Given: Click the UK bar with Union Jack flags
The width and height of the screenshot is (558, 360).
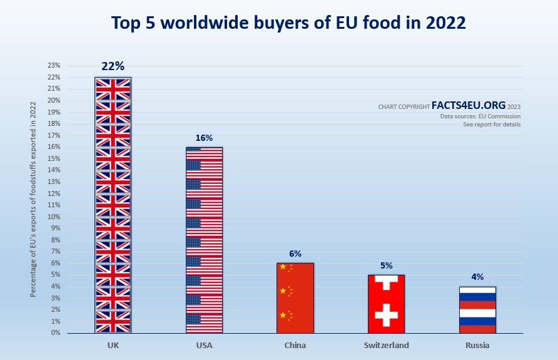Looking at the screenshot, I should (x=113, y=205).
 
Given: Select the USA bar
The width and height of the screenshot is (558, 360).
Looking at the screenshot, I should (x=204, y=240).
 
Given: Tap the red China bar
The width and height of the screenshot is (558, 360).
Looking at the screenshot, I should (x=295, y=298).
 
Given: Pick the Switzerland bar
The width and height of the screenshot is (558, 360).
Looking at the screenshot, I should (x=386, y=304).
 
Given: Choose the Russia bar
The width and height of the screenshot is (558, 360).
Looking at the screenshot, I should (x=477, y=310).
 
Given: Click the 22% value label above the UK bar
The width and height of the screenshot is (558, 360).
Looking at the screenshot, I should (x=113, y=66).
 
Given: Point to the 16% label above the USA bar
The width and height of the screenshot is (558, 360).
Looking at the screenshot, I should (x=204, y=138).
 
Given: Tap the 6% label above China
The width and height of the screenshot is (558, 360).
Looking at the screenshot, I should (x=295, y=254).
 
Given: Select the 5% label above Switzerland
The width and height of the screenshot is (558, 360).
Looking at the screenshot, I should (x=386, y=265).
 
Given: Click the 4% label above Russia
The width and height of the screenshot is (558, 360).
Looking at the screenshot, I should (x=477, y=277).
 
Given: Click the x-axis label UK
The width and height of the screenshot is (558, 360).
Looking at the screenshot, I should (x=113, y=345).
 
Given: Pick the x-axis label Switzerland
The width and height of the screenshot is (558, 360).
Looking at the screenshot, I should (x=386, y=345).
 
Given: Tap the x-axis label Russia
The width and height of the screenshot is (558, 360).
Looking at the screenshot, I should (x=477, y=345).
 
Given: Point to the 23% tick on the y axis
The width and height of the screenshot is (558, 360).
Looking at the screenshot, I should (x=54, y=65).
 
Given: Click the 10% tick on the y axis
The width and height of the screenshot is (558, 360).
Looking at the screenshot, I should (x=54, y=217).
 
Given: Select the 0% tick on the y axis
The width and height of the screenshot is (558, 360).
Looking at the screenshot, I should (x=55, y=333).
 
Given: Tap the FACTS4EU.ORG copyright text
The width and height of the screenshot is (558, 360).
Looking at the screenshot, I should (x=469, y=106).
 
